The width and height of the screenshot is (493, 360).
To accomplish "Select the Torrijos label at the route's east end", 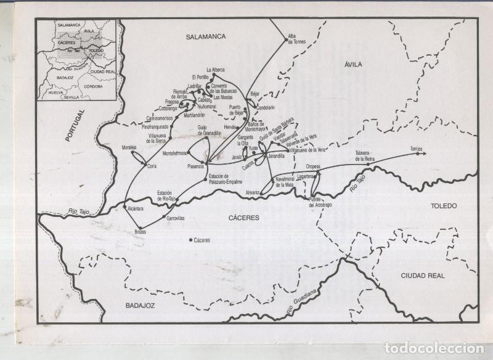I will pos(417,149).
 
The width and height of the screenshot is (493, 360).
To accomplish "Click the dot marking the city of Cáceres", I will pos(190,240).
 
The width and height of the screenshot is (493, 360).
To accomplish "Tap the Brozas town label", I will pos(141,232).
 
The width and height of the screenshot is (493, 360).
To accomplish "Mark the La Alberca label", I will pos(216,70).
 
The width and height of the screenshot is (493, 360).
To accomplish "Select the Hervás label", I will pos(230,126).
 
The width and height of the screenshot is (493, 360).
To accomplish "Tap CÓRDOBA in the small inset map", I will pos(93,86).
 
